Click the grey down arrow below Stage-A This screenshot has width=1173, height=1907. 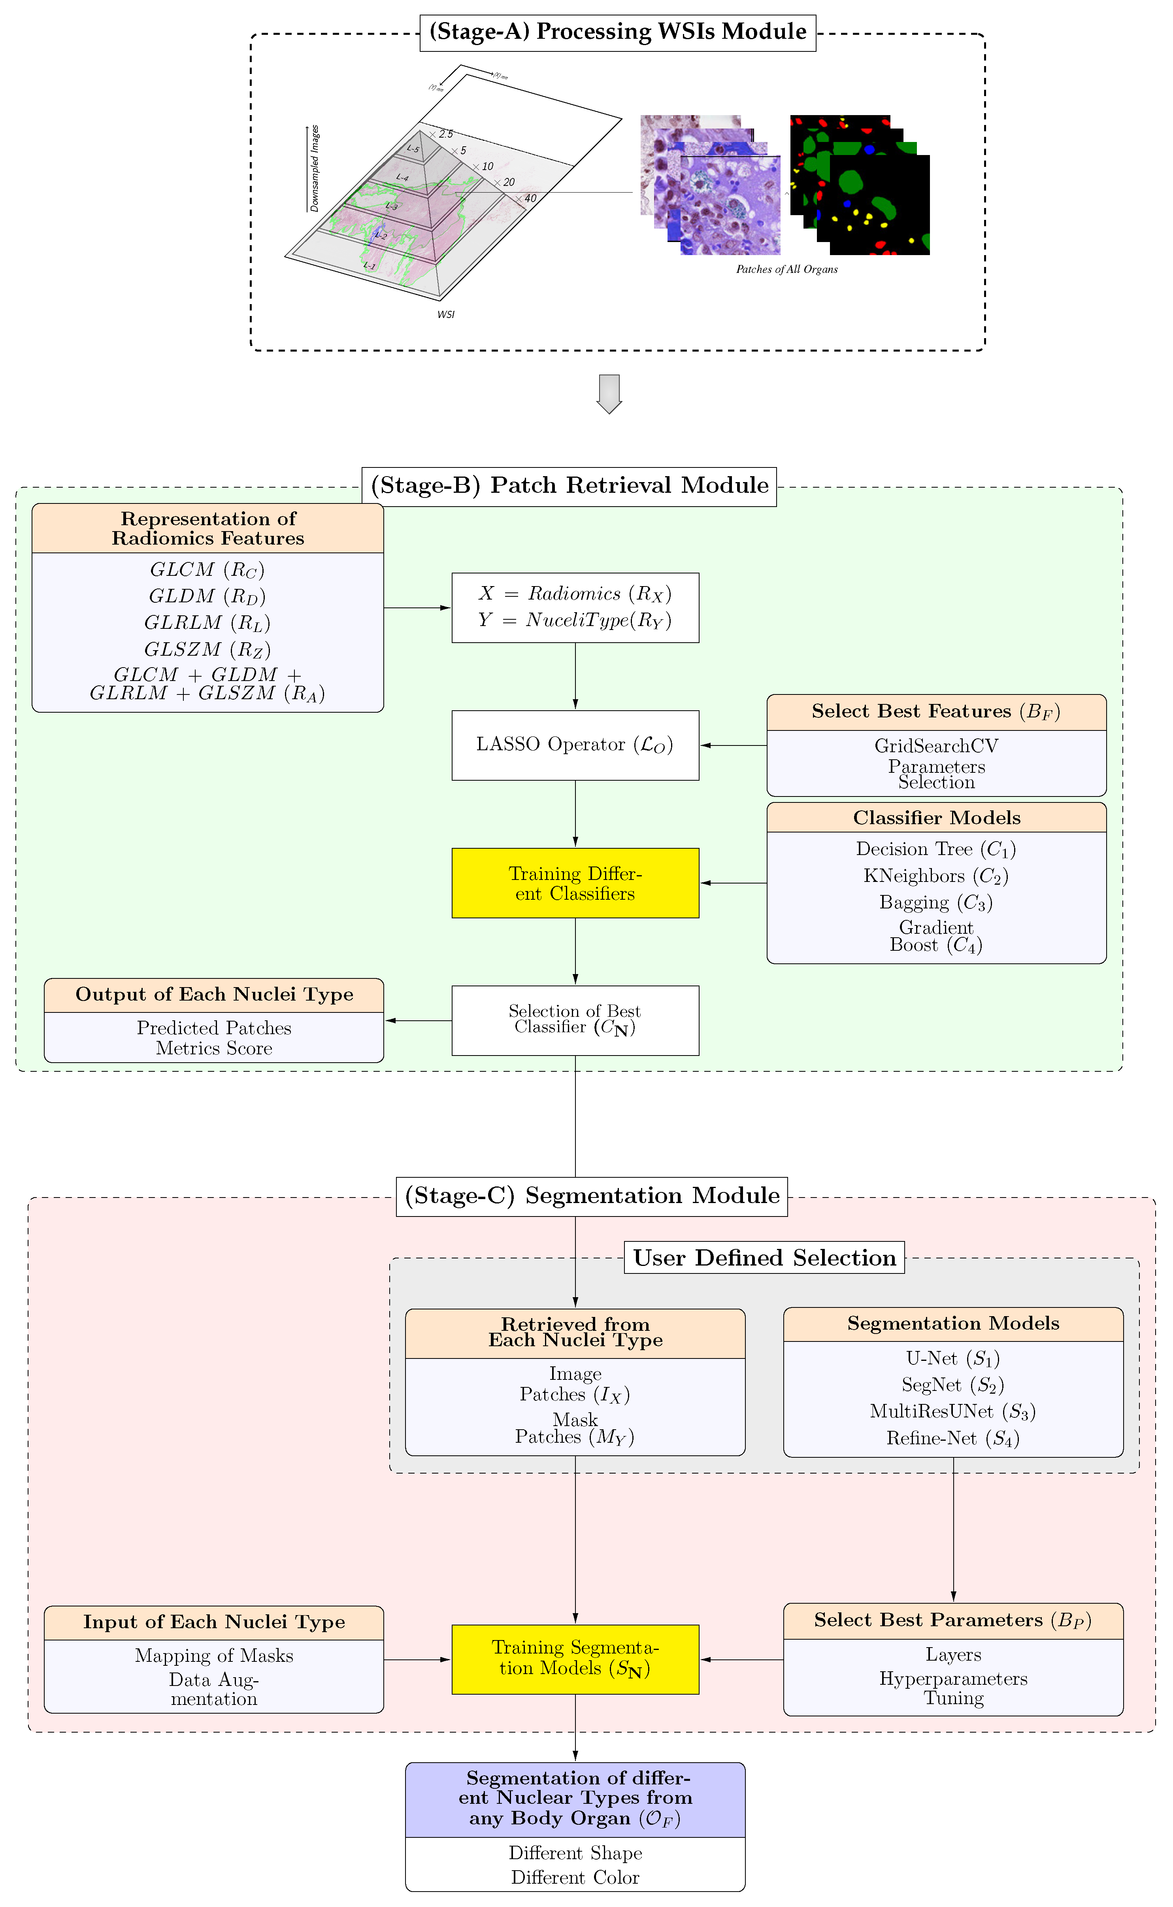(609, 394)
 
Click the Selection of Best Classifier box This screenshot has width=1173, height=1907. (575, 1020)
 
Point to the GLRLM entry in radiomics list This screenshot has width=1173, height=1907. (207, 622)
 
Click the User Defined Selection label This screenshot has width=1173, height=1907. (764, 1257)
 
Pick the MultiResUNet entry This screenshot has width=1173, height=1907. (953, 1411)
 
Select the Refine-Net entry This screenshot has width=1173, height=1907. (953, 1438)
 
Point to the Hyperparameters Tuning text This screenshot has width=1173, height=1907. (953, 1688)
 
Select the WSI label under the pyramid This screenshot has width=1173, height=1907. (445, 314)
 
